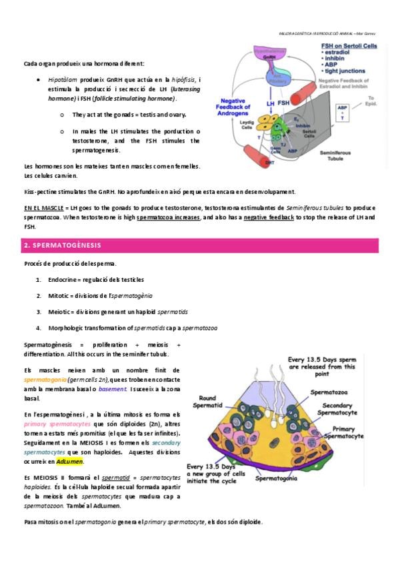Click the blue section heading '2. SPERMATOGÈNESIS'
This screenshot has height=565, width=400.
click(63, 246)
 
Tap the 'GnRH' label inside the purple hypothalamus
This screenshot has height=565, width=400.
click(269, 58)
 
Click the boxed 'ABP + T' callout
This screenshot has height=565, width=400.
click(343, 112)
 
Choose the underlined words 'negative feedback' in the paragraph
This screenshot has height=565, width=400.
click(269, 218)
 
